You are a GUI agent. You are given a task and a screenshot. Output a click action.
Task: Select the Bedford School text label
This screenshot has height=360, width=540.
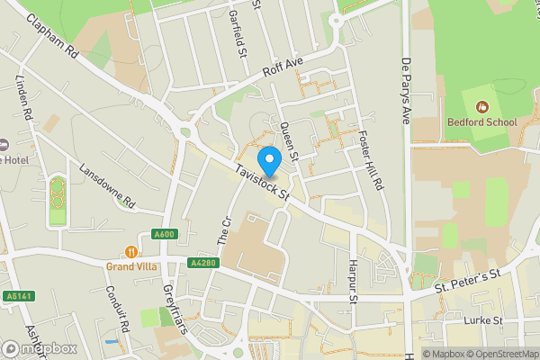[x=482, y=121]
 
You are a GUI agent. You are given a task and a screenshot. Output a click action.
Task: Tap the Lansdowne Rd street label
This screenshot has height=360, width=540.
[x=106, y=185]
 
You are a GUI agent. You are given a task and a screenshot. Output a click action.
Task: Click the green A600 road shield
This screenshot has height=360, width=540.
[x=164, y=235]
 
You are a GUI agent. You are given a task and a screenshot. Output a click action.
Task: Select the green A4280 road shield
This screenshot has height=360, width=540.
[x=202, y=263]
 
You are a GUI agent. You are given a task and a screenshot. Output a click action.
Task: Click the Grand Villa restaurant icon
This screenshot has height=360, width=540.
[x=132, y=252]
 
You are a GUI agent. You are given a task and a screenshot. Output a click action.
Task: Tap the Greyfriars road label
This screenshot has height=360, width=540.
[x=176, y=306]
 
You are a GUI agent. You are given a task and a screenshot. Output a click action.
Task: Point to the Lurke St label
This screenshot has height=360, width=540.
[x=482, y=320]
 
